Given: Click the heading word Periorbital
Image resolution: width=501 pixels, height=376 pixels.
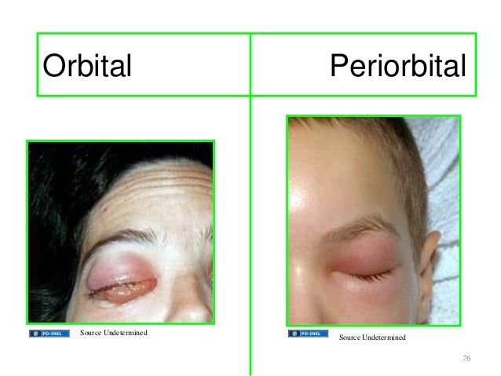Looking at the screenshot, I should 398,66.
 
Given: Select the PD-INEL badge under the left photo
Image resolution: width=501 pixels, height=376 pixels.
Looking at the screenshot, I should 49,333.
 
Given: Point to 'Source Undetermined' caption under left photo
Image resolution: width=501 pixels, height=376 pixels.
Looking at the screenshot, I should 113,333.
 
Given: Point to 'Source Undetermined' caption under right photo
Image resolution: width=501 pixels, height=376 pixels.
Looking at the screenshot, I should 372,338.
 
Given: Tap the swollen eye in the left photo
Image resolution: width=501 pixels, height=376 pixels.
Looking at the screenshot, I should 123,279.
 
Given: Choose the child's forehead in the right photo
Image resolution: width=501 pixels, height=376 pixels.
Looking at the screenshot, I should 346,173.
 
